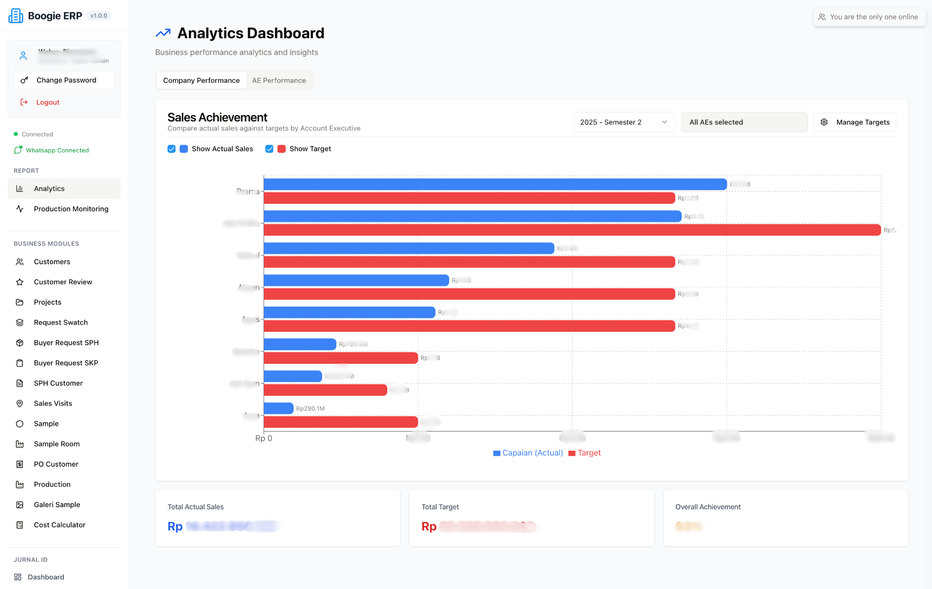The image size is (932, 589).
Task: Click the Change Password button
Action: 64,80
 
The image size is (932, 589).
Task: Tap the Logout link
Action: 47,102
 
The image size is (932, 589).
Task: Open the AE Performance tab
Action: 279,81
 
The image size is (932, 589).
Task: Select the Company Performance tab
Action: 201,81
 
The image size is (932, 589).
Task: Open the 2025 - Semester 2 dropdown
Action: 623,122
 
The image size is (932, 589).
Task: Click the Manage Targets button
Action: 855,122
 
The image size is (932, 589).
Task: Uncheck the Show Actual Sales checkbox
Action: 172,149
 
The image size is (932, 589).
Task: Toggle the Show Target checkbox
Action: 269,149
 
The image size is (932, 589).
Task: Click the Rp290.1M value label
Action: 310,408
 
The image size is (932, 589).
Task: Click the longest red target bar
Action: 572,230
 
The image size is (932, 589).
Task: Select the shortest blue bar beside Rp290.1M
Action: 278,408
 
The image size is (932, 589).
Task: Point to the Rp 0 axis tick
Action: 263,438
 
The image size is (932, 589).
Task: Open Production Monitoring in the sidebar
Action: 71,209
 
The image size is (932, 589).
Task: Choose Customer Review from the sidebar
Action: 63,282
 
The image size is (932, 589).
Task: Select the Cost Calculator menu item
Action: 60,525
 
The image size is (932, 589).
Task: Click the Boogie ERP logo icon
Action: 16,16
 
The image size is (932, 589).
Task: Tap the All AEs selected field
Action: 744,122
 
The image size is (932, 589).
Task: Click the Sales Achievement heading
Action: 217,117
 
